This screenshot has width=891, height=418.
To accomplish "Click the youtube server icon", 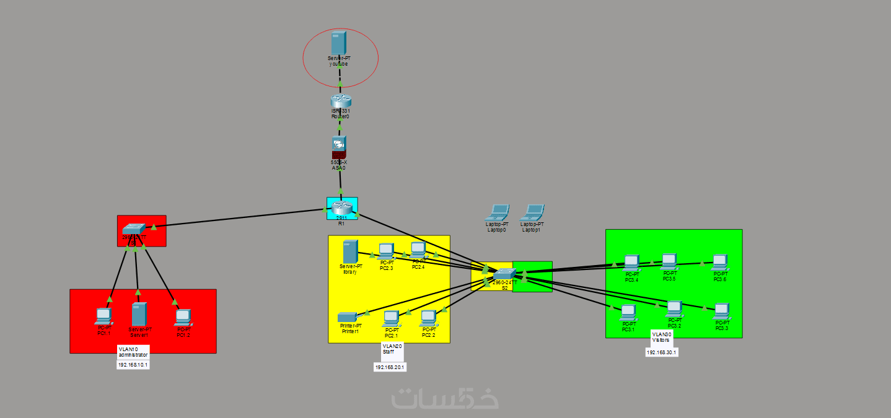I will pyautogui.click(x=338, y=43).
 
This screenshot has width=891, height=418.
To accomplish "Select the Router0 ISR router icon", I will pyautogui.click(x=340, y=101).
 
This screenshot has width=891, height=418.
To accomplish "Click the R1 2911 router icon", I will pyautogui.click(x=341, y=208).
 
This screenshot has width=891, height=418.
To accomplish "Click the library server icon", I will pyautogui.click(x=350, y=251).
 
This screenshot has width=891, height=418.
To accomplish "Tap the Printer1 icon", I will pyautogui.click(x=348, y=317).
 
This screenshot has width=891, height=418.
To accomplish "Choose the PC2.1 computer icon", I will pyautogui.click(x=390, y=318).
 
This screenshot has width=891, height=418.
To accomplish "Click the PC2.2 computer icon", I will pyautogui.click(x=428, y=318).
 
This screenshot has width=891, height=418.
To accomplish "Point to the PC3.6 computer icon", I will pyautogui.click(x=719, y=263).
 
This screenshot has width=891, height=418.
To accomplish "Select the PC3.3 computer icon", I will pyautogui.click(x=721, y=311).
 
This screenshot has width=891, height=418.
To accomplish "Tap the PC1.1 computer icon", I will pyautogui.click(x=103, y=316).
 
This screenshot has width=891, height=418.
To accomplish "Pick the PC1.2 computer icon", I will pyautogui.click(x=183, y=317).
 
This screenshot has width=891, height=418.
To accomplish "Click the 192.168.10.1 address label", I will pyautogui.click(x=133, y=365).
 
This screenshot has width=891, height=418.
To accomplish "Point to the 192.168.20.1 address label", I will pyautogui.click(x=390, y=367).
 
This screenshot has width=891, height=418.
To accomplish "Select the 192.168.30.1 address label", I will pyautogui.click(x=662, y=352).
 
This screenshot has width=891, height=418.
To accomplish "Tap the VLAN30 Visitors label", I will pyautogui.click(x=662, y=337).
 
